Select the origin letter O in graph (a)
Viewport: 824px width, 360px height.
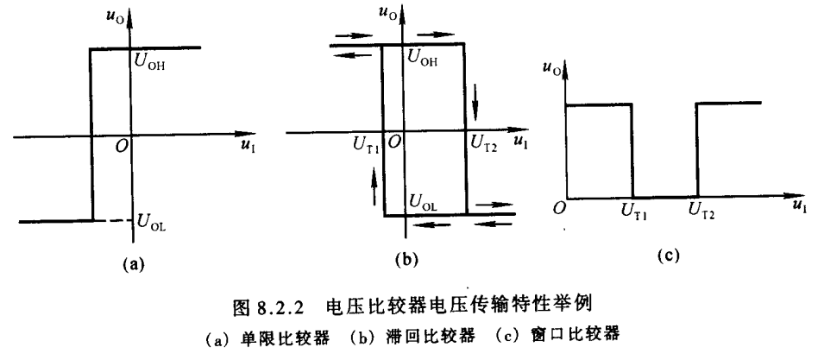tap(123, 148)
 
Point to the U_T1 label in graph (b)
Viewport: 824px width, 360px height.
tap(365, 148)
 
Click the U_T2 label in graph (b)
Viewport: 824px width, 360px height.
tap(483, 148)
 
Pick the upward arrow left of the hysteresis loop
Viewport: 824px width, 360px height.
tap(373, 184)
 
